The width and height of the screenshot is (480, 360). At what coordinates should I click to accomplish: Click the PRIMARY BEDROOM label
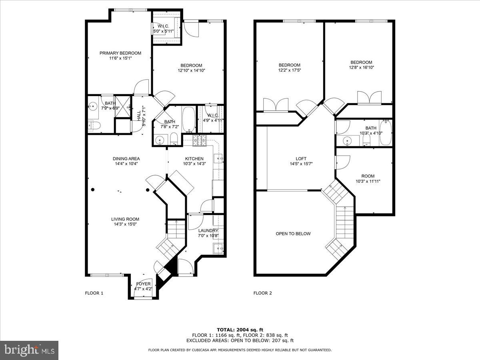[x=120, y=53]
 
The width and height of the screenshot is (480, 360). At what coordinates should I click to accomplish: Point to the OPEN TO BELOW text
[x=293, y=234]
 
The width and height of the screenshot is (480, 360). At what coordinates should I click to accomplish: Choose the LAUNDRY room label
[x=208, y=230]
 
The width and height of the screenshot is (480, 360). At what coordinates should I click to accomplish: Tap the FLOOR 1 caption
[x=94, y=293]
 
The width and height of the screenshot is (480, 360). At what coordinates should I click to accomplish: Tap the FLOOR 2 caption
[x=262, y=293]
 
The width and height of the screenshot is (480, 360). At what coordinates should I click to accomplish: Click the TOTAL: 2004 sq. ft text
[x=240, y=330]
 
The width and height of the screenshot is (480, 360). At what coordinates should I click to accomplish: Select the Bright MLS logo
[x=30, y=350]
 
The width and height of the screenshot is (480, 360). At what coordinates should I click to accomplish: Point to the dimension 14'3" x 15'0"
[x=125, y=224]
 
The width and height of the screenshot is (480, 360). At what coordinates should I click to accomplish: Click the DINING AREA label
[x=126, y=158]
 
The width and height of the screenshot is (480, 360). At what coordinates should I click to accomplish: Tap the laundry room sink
[x=218, y=248]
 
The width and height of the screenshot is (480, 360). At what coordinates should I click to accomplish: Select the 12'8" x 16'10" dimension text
[x=361, y=68]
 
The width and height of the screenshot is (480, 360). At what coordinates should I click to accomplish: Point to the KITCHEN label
[x=194, y=158]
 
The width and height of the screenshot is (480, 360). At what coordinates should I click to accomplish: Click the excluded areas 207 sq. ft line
[x=240, y=341]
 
